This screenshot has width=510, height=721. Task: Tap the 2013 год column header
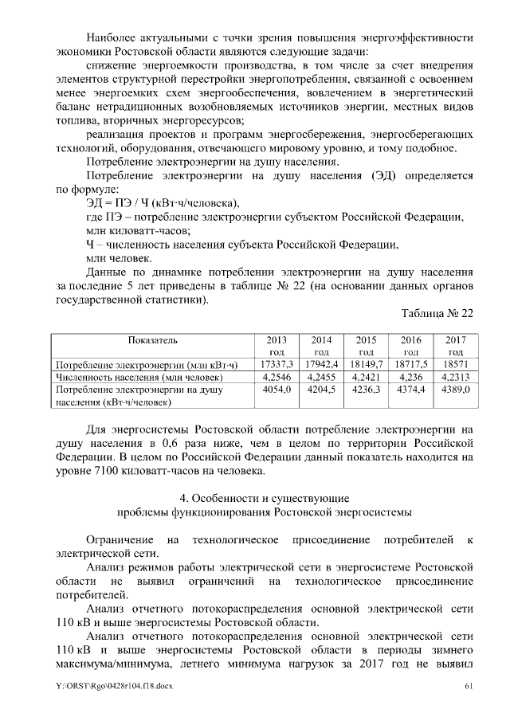pos(277,346)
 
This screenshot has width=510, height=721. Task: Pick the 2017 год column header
pos(456,346)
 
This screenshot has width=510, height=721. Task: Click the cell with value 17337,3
pos(277,364)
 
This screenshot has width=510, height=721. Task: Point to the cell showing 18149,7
pos(367,364)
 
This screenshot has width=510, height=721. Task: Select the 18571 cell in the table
pos(456,364)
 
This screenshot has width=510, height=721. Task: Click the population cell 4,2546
pos(277,377)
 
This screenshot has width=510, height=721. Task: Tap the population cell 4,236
pos(411,377)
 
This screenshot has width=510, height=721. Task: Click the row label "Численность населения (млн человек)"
pos(138,377)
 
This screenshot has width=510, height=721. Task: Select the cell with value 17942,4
pos(322,364)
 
